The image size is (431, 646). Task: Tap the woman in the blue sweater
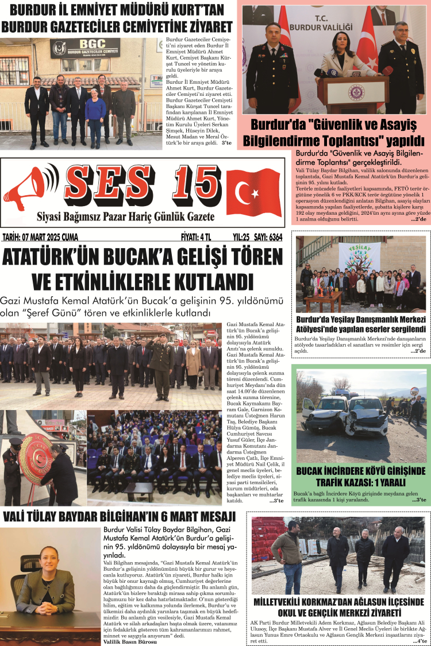(x=95, y=118)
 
